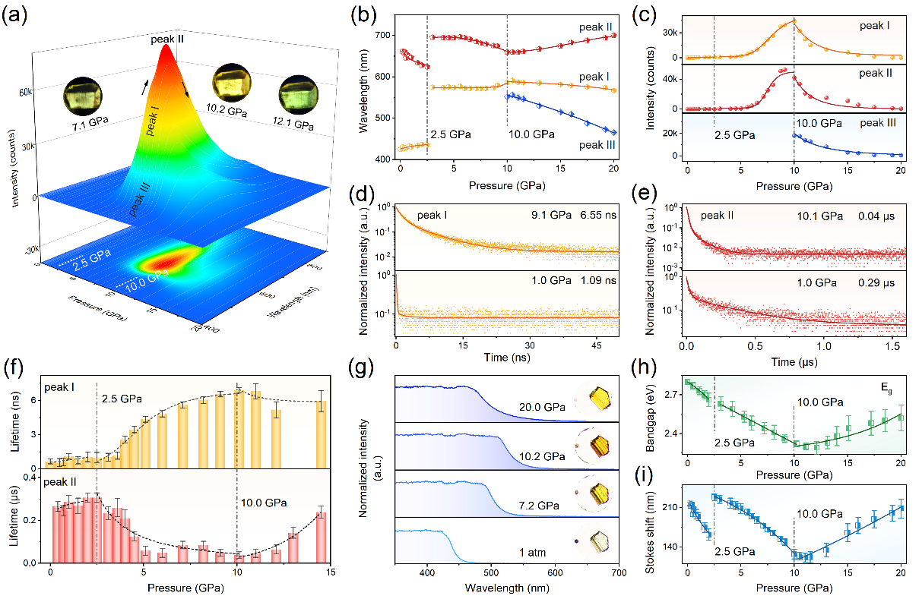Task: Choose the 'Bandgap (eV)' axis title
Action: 645,415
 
